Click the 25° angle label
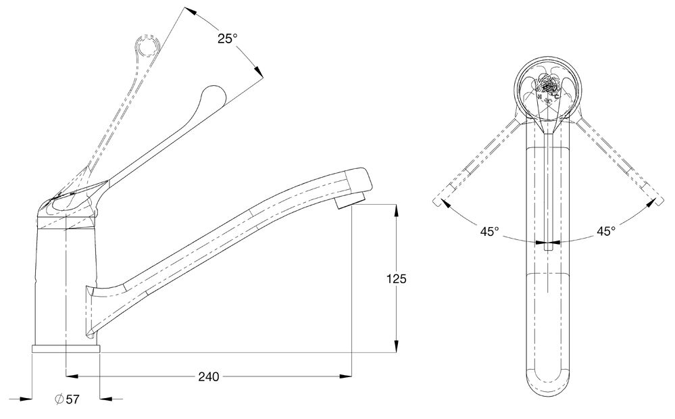228,39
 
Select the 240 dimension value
208,377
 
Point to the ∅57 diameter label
67,399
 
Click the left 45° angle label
490,231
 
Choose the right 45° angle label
606,231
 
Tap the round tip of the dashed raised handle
147,47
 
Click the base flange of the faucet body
66,349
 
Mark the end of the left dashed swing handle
437,202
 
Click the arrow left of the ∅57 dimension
27,399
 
